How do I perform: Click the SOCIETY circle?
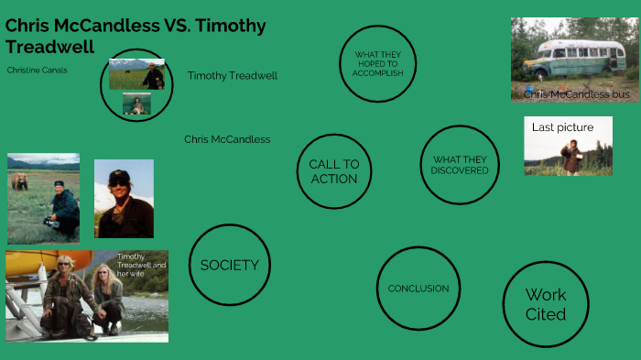(229, 265)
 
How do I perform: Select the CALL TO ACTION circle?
(334, 171)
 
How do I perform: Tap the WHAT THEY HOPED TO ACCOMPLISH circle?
(377, 63)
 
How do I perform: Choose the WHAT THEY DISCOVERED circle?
(460, 165)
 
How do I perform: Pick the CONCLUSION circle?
(418, 288)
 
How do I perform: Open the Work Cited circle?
(545, 304)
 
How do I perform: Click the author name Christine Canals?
(37, 70)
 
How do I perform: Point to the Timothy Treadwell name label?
(232, 75)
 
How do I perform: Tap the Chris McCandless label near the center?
(227, 139)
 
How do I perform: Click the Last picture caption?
(562, 127)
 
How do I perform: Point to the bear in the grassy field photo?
(19, 182)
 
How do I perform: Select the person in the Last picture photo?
(571, 157)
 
